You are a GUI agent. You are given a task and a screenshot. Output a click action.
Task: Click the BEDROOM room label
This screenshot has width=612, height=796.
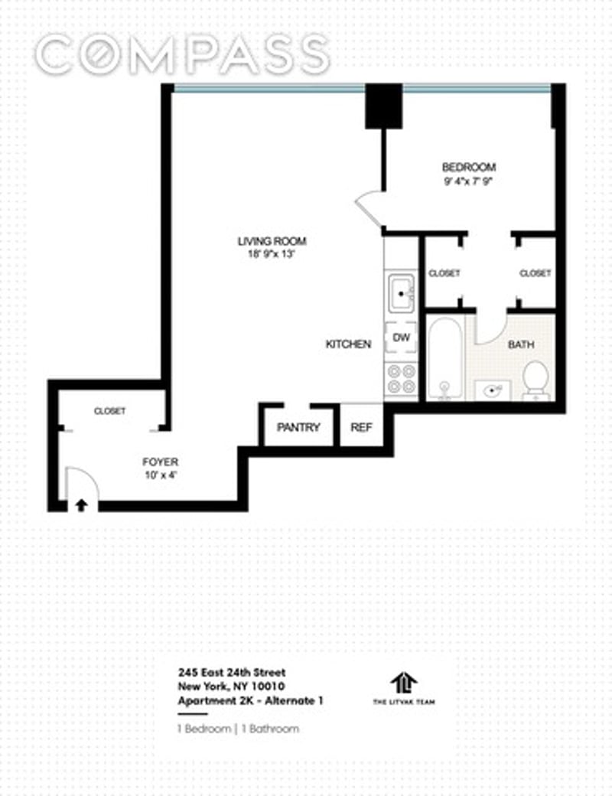click(468, 167)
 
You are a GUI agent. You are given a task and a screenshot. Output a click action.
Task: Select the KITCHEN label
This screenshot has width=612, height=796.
click(348, 344)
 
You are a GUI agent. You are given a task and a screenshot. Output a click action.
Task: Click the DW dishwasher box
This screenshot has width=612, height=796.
click(402, 338)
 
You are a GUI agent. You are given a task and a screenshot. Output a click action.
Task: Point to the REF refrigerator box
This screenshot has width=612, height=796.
click(360, 427)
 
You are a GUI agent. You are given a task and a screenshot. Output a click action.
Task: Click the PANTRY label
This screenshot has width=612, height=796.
click(298, 427)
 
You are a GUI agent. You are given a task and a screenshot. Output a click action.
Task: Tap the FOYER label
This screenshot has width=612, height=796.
click(161, 462)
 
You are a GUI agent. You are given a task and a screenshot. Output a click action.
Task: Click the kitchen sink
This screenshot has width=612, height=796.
click(402, 293)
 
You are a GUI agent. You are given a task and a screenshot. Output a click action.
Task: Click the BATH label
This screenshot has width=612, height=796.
click(521, 344)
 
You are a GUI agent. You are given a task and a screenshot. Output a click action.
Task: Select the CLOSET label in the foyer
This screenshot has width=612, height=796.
click(109, 411)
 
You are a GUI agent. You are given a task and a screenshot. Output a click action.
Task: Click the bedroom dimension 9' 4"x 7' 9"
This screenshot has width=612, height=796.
click(468, 181)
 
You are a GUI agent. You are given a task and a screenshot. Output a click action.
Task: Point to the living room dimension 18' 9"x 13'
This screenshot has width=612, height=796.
click(265, 255)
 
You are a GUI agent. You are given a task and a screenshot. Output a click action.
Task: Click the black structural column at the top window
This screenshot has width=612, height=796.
click(382, 106)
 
